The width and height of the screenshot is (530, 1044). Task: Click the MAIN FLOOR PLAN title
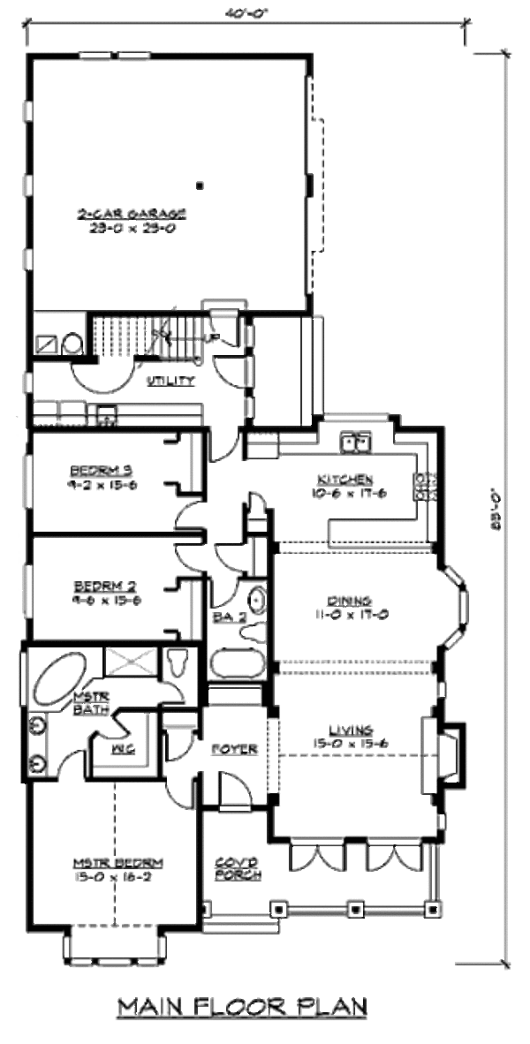pyautogui.click(x=242, y=1007)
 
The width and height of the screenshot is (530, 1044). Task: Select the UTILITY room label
pyautogui.click(x=170, y=381)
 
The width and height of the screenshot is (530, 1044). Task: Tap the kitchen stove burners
pyautogui.click(x=424, y=487)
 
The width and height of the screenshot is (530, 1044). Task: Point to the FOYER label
pyautogui.click(x=234, y=749)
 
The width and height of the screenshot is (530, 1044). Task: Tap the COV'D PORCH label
pyautogui.click(x=238, y=868)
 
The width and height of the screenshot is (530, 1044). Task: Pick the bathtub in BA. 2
pyautogui.click(x=237, y=664)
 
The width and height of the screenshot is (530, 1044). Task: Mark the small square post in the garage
pyautogui.click(x=201, y=185)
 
